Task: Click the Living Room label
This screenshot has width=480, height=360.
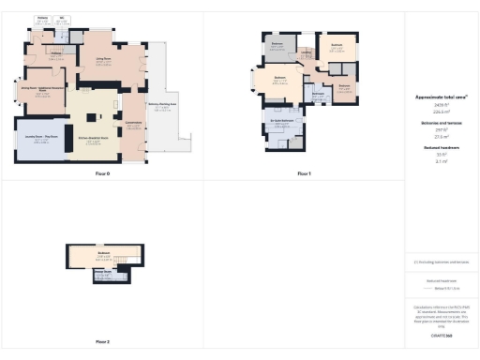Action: coord(104,59)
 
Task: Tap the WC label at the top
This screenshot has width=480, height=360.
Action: coord(63,18)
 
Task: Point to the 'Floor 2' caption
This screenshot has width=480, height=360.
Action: coord(102,342)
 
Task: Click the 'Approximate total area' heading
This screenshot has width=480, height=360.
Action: coord(442,97)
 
